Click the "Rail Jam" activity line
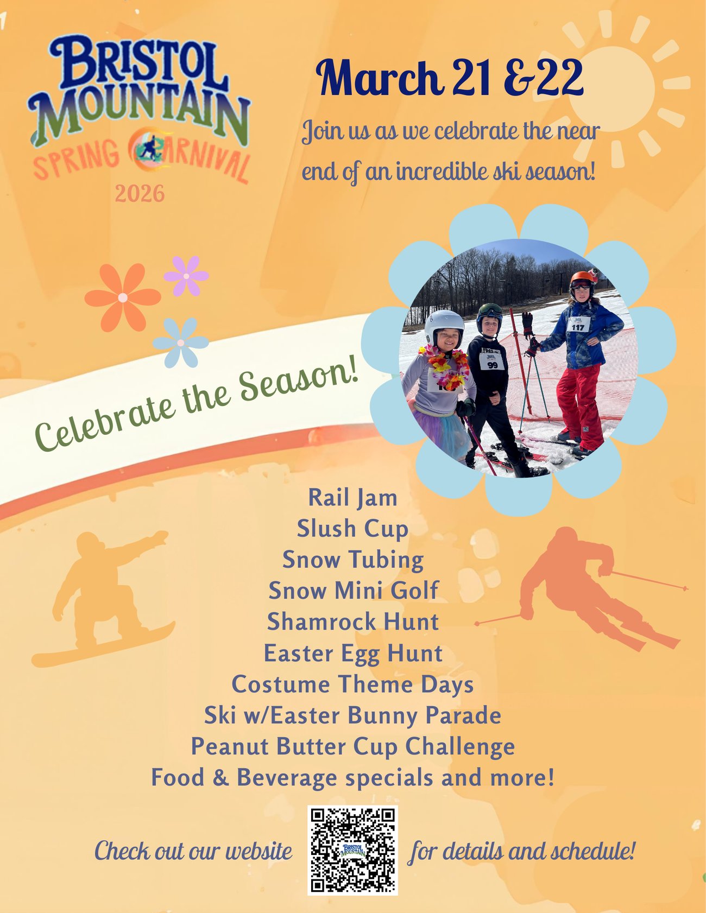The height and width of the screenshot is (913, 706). coord(352,498)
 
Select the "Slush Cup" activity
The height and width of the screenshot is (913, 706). coord(352,529)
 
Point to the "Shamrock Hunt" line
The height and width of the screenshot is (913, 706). coord(352,622)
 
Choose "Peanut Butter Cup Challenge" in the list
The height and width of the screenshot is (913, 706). coord(352,747)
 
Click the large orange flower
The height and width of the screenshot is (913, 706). coord(123,297)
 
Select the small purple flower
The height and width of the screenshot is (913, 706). coord(186,276)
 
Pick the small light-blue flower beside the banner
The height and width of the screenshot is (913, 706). coord(181,343)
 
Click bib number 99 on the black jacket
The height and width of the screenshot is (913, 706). coord(492,364)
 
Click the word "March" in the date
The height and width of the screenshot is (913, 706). coord(379,79)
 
